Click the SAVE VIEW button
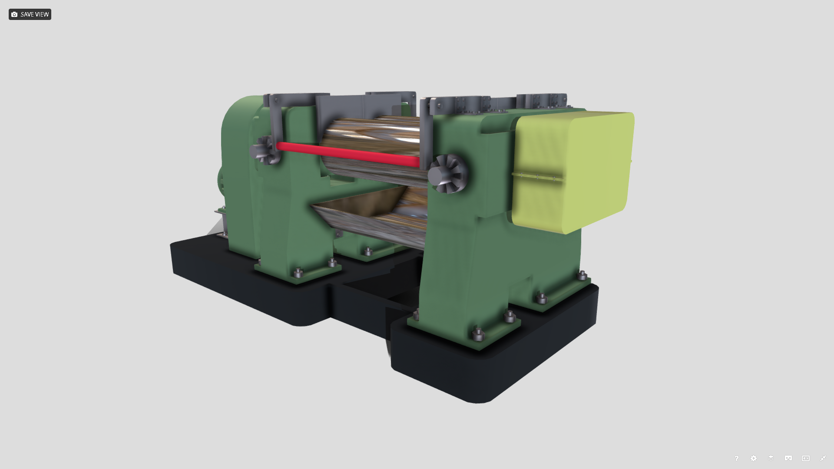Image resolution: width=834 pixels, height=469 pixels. pyautogui.click(x=30, y=14)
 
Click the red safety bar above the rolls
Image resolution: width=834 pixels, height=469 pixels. pyautogui.click(x=347, y=154)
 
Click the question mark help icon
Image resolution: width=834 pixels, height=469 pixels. pyautogui.click(x=736, y=458)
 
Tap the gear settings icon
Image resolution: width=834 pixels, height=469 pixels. pyautogui.click(x=754, y=458)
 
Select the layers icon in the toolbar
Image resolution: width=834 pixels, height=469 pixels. pyautogui.click(x=771, y=458)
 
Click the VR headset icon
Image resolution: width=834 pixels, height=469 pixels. pyautogui.click(x=788, y=458)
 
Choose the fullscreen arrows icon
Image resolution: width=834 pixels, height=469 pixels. pyautogui.click(x=823, y=458)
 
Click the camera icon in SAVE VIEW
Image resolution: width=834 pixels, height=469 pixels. pyautogui.click(x=14, y=14)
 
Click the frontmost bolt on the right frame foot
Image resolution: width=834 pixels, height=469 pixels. pyautogui.click(x=478, y=334)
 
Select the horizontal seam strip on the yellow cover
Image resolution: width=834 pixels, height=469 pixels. pyautogui.click(x=539, y=177)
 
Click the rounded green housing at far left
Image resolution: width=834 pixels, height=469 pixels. pyautogui.click(x=237, y=130)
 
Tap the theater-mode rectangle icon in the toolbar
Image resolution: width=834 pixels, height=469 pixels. pyautogui.click(x=806, y=458)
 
